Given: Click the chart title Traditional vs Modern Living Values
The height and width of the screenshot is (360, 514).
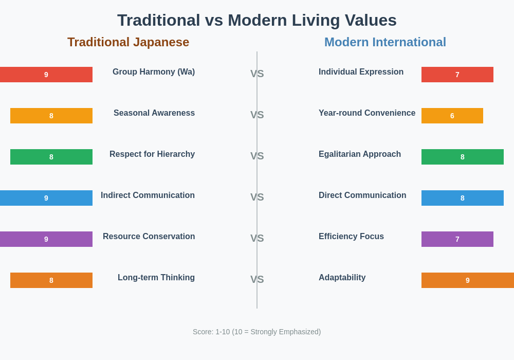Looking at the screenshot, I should coord(257,21).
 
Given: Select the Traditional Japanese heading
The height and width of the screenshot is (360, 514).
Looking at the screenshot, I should coord(128,42).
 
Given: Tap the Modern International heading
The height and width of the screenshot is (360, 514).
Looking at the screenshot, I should coord(385,42).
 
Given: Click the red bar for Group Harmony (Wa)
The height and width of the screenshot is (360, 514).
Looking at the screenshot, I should coord(46,75).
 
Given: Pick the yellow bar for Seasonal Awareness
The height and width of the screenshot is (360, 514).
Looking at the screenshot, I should coord(51,116).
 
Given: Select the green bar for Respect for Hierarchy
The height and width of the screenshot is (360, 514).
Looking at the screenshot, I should coord(51,157).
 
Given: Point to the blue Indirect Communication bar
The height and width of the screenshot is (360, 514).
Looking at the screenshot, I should coord(46,198).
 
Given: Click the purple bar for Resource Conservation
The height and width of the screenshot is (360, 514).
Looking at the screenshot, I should coord(46,239).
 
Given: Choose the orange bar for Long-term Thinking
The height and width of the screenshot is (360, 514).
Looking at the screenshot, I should coord(51,280).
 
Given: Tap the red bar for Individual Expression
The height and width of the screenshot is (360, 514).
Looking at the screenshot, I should coord(457,75).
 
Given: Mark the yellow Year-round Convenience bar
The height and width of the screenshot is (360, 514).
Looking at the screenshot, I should coord(452,116).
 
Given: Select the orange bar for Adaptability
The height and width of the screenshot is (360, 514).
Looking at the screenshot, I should coord(468,280).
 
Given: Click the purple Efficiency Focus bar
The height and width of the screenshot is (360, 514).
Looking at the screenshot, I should coord(457,239).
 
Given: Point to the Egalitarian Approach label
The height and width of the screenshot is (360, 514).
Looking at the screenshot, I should coord(360,154).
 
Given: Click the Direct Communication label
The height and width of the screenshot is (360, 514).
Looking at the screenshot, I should coord(362,195).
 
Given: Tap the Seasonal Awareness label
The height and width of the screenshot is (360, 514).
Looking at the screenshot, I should coord(154,113).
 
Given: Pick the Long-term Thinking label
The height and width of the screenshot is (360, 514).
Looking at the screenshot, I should coord(156,278).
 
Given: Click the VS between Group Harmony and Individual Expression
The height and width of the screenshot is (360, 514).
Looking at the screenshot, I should coord(257,74).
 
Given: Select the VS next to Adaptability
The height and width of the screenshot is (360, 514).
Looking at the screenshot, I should coord(257,279).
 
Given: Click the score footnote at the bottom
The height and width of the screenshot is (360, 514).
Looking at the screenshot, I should coord(256,332).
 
